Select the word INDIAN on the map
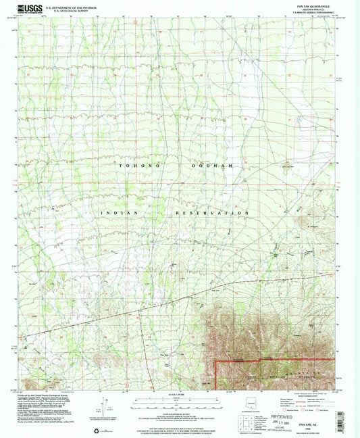[x=118, y=212]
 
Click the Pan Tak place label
[x=164, y=354]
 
